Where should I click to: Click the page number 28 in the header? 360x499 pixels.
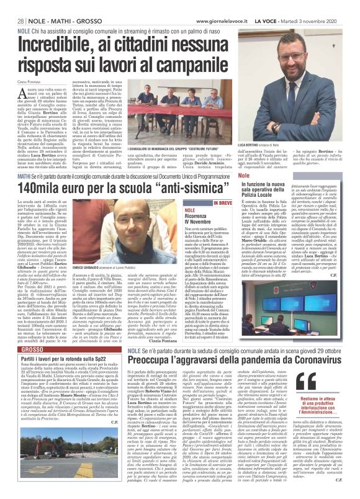coord(12,6)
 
